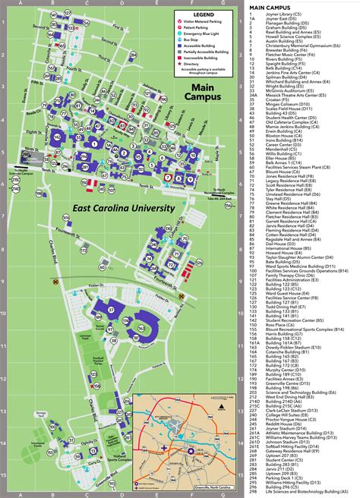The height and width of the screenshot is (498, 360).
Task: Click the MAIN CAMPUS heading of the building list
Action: tap(268, 8)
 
